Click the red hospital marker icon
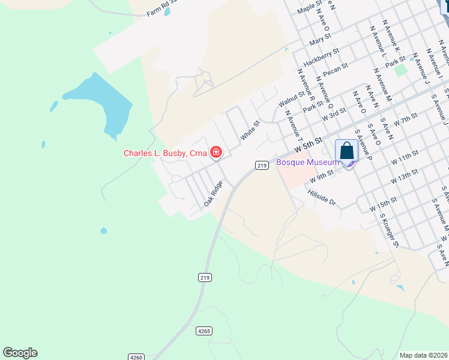(x=215, y=153)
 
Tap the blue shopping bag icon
(x=347, y=151)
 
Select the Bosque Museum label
(x=307, y=163)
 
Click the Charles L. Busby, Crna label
(x=165, y=153)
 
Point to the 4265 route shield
(x=204, y=331)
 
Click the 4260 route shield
(x=136, y=357)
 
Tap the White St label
(x=250, y=131)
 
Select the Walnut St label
(x=291, y=98)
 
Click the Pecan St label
(x=336, y=70)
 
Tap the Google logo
(x=20, y=353)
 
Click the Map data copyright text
(x=423, y=355)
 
